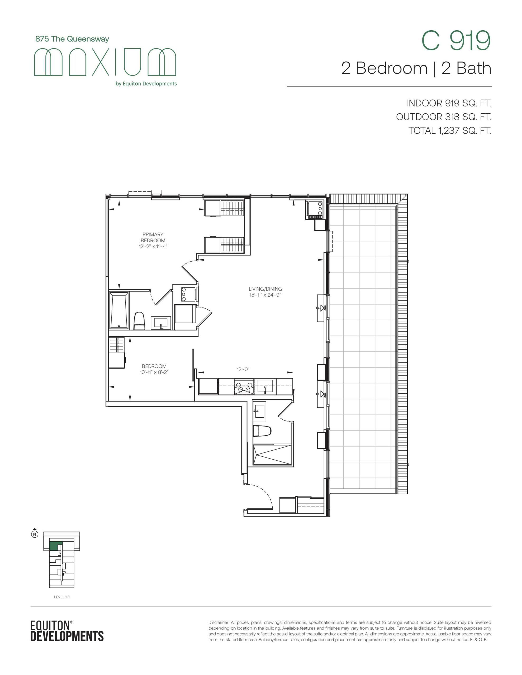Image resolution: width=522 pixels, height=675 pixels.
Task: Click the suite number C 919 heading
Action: tap(456, 41)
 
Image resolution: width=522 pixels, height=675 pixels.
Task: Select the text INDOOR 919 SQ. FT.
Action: tap(449, 103)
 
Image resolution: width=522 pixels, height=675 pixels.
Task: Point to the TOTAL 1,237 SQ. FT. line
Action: tap(450, 131)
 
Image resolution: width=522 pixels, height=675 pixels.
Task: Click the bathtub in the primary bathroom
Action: tap(119, 310)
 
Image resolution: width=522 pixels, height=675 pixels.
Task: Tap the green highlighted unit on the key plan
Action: tap(56, 546)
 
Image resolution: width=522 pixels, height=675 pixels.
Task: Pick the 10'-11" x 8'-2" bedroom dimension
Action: tap(154, 372)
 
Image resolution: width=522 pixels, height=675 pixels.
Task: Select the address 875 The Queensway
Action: tap(72, 39)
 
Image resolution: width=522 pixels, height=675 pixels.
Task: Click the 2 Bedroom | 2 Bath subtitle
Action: tap(416, 68)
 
